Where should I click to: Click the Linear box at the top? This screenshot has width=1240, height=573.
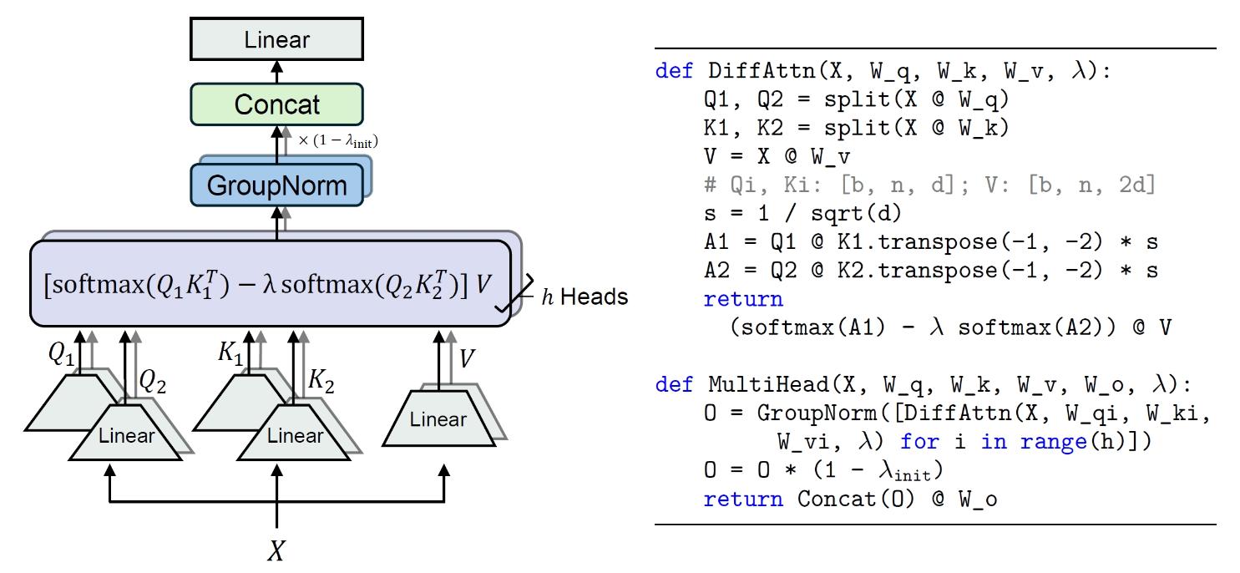tap(276, 39)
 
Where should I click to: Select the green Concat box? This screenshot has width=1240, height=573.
tap(276, 104)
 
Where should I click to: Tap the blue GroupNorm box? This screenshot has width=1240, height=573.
tap(276, 184)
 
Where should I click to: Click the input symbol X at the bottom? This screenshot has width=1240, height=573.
tap(276, 550)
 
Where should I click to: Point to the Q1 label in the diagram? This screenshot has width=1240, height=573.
tap(60, 354)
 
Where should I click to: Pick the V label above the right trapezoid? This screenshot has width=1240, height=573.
tap(468, 358)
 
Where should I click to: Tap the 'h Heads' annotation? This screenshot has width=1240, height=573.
tap(585, 297)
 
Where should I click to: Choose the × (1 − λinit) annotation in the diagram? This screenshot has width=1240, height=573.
tap(338, 141)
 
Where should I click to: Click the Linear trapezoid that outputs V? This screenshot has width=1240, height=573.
tap(438, 418)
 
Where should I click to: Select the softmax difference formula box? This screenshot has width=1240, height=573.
tap(269, 283)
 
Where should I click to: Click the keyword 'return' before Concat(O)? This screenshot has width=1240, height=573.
tap(743, 499)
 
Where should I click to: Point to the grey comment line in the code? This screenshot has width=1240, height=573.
tap(929, 185)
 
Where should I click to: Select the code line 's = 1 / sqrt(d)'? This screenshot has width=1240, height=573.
tap(802, 214)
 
